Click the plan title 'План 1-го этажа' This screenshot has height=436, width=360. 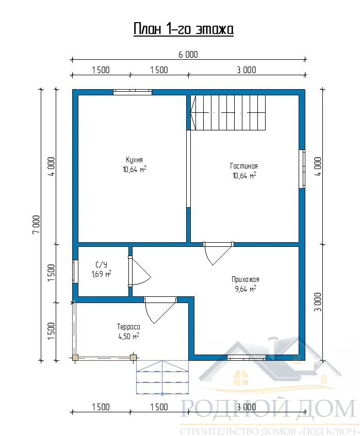point(183,29)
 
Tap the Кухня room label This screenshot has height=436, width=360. point(135,160)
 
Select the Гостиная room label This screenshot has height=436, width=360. point(244,166)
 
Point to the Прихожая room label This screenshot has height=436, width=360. point(246,279)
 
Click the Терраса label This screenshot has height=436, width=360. point(128,327)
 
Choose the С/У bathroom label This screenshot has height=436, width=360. point(102,264)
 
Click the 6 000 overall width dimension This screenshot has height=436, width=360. point(188,55)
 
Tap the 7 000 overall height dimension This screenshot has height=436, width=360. point(36,224)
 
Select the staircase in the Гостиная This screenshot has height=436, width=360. point(228,112)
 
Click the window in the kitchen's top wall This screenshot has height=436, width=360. point(133,92)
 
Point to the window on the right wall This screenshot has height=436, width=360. point(302,169)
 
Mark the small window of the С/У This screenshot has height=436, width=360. point(75,272)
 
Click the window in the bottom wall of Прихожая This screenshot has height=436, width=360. point(247,358)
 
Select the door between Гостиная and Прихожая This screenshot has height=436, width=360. point(218,253)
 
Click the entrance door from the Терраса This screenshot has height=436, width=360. point(160,310)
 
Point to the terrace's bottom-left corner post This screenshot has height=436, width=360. point(75,358)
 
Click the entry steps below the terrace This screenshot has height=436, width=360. point(162,377)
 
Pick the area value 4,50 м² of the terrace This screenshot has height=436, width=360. point(129,336)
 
